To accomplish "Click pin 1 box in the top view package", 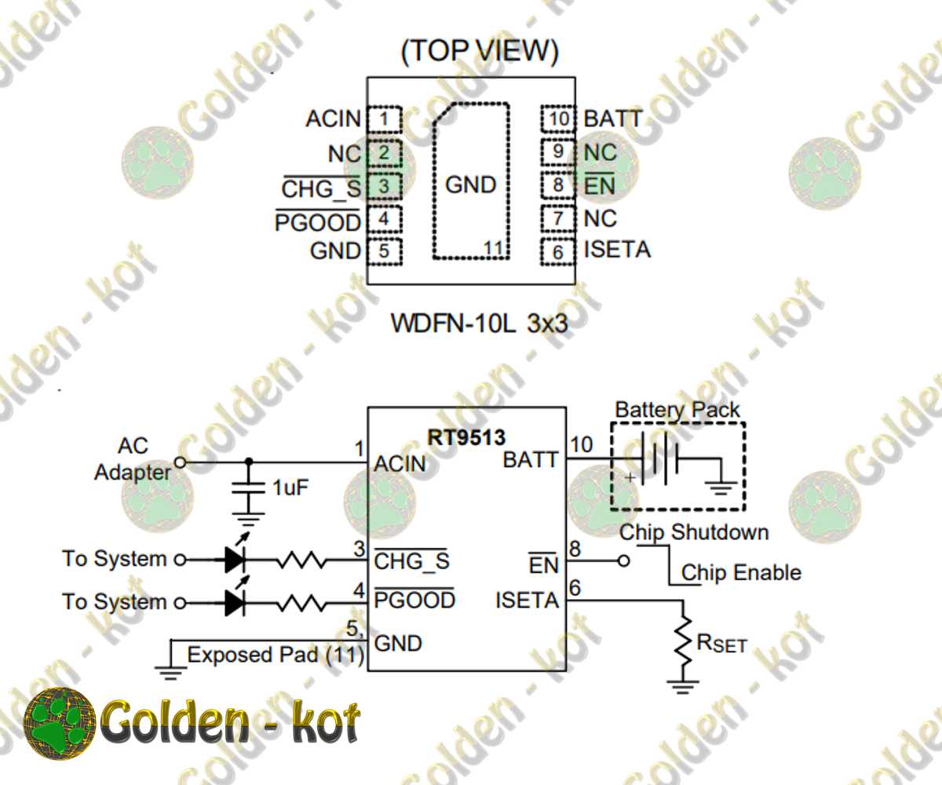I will tap(384, 119).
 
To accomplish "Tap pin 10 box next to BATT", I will tap(558, 119).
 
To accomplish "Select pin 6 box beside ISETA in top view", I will tap(558, 252).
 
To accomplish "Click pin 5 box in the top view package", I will tap(384, 252).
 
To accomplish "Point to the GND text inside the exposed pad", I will tap(471, 185).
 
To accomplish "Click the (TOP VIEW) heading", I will tap(480, 52).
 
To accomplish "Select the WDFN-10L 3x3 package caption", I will tap(479, 323).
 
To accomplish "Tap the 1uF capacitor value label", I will tap(290, 487).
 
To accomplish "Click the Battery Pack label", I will tap(677, 410).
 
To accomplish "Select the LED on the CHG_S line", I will tap(236, 560).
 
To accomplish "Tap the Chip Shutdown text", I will tap(694, 532).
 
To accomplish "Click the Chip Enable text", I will tap(741, 573).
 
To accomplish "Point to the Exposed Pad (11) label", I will tap(276, 654).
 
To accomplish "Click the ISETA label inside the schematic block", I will tap(526, 601).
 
